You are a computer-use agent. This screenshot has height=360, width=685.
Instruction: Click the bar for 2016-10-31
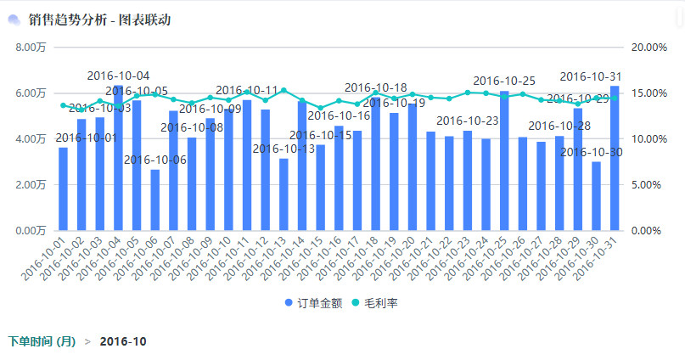615,158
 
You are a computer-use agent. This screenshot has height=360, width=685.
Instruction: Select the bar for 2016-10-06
155,200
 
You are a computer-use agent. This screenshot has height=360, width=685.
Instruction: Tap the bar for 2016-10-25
504,160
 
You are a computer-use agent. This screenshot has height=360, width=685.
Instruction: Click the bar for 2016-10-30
596,196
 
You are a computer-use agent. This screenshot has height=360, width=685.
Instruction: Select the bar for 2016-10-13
284,194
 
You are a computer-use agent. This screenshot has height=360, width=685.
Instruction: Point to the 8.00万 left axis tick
30,48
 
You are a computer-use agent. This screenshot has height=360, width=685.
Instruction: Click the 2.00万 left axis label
30,184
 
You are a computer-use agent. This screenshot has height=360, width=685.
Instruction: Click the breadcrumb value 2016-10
123,341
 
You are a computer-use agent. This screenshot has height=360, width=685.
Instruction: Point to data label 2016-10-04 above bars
119,76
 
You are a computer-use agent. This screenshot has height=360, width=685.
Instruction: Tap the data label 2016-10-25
504,81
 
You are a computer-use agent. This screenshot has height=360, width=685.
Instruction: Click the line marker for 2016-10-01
63,105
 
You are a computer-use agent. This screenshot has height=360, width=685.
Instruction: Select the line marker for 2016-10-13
284,90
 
